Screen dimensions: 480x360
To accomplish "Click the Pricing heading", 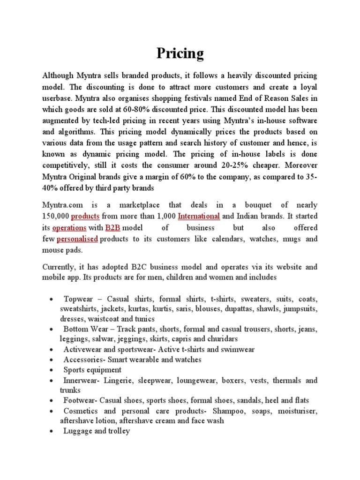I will [180, 54].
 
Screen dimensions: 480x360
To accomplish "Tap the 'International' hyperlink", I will [199, 216].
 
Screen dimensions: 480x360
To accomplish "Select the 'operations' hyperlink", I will [70, 227].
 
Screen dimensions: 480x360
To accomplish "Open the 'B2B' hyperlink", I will [112, 227].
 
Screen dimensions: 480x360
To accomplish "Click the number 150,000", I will [56, 216].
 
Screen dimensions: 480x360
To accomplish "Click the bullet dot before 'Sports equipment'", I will [50, 370].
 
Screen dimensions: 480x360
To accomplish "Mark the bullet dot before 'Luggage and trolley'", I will [50, 431].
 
